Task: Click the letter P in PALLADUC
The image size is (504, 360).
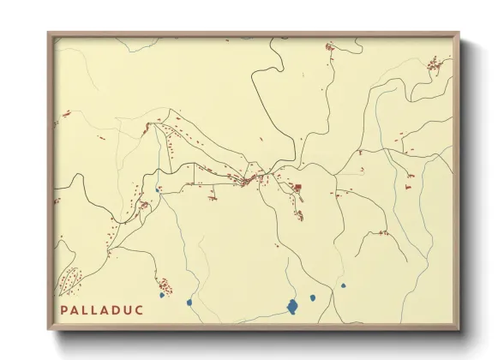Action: tap(65, 309)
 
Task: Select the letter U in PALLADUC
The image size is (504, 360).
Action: tap(129, 309)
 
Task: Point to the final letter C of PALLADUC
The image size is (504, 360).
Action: tap(141, 309)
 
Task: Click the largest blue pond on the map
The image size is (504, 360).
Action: tap(292, 306)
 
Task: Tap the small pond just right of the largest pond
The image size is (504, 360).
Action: tap(313, 298)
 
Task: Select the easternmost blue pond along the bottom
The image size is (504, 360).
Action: tap(343, 286)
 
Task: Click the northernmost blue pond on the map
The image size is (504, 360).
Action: tap(158, 189)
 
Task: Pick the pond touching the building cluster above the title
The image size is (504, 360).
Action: tap(161, 295)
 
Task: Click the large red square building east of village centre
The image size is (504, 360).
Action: tap(298, 187)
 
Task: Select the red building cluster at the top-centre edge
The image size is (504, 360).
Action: tap(328, 47)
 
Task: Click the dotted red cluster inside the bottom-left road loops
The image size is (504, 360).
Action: tap(70, 280)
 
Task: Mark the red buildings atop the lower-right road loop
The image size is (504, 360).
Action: tap(383, 231)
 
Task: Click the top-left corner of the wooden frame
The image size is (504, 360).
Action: tap(49, 34)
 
